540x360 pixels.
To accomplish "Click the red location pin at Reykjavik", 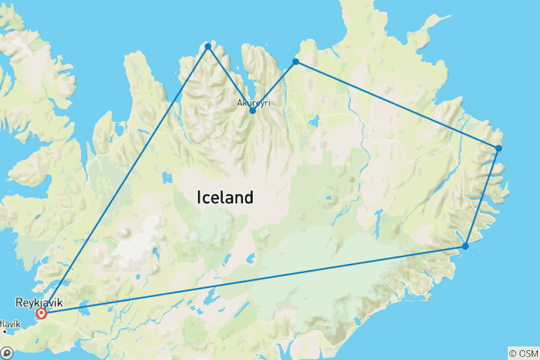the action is pyautogui.click(x=41, y=313).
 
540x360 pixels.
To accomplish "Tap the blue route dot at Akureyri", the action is pyautogui.click(x=253, y=111).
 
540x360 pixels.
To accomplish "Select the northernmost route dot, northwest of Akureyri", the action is pyautogui.click(x=208, y=46).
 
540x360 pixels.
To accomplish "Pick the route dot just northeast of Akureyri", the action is pyautogui.click(x=295, y=61).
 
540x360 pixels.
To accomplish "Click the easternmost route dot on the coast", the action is pyautogui.click(x=499, y=148).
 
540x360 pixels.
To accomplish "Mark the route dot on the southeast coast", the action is pyautogui.click(x=466, y=246).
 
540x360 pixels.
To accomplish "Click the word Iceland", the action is pyautogui.click(x=224, y=198).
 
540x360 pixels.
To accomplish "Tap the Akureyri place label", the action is pyautogui.click(x=253, y=101).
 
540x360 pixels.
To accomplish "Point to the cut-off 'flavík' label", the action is pyautogui.click(x=10, y=324).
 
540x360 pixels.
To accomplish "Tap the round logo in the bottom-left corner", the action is pyautogui.click(x=7, y=352).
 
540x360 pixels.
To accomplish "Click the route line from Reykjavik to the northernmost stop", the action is pyautogui.click(x=124, y=180).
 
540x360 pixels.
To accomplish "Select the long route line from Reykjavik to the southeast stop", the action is pyautogui.click(x=255, y=280).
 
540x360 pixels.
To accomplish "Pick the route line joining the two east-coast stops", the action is pyautogui.click(x=482, y=196).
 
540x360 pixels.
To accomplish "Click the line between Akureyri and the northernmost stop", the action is pyautogui.click(x=230, y=79).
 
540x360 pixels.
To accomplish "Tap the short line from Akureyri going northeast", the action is pyautogui.click(x=274, y=86).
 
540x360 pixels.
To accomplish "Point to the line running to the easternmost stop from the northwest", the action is pyautogui.click(x=397, y=105).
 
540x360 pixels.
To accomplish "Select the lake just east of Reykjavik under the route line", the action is pyautogui.click(x=82, y=307).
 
